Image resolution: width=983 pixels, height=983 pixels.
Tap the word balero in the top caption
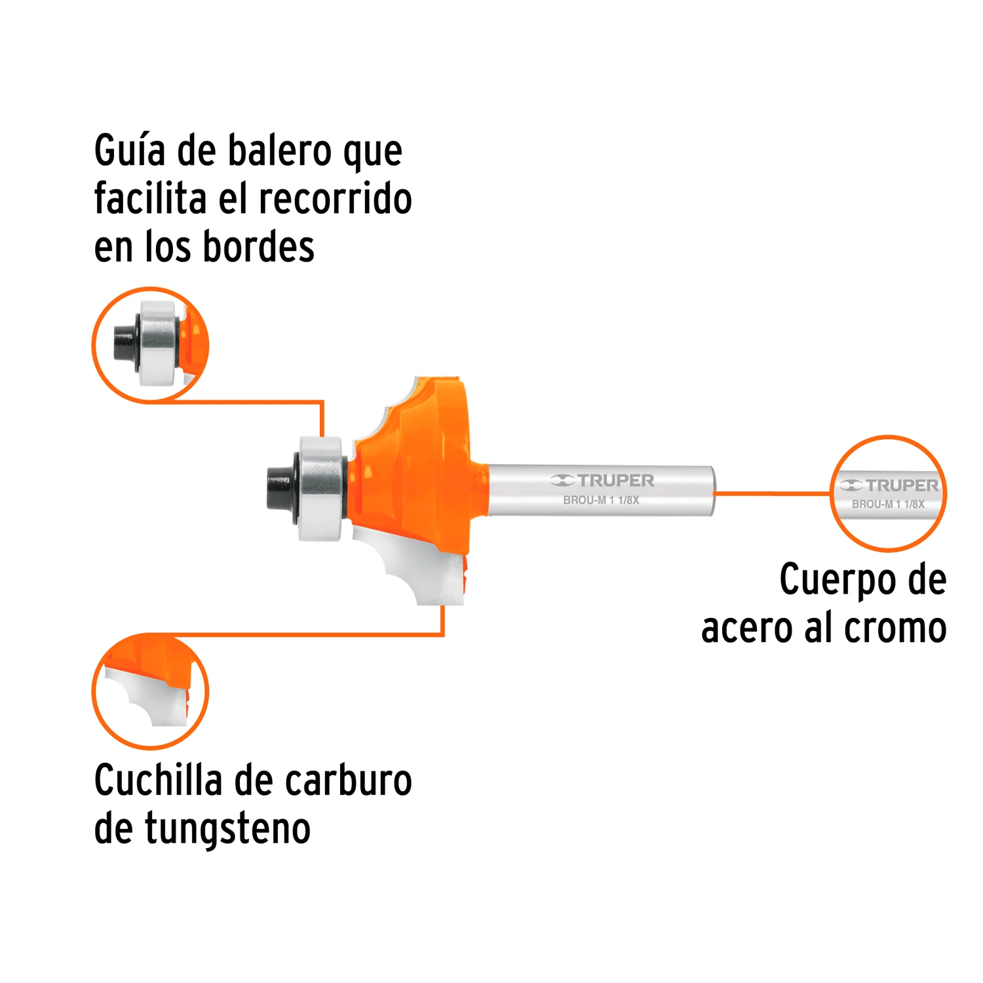280,151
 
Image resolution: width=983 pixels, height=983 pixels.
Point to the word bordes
259,247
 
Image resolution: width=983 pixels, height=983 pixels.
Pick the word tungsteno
227,829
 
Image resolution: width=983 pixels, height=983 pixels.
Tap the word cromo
895,628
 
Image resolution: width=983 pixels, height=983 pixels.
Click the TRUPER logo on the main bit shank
602,480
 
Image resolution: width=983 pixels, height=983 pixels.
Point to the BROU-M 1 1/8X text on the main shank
601,500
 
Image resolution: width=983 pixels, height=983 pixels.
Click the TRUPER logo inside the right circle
889,486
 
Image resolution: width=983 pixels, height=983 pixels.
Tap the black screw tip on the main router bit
279,488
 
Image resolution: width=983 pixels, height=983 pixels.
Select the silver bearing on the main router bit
321,488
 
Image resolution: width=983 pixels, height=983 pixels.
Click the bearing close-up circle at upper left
150,345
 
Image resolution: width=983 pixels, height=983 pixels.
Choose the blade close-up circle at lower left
150,691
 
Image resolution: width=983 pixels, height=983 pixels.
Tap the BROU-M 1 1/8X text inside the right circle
888,504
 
